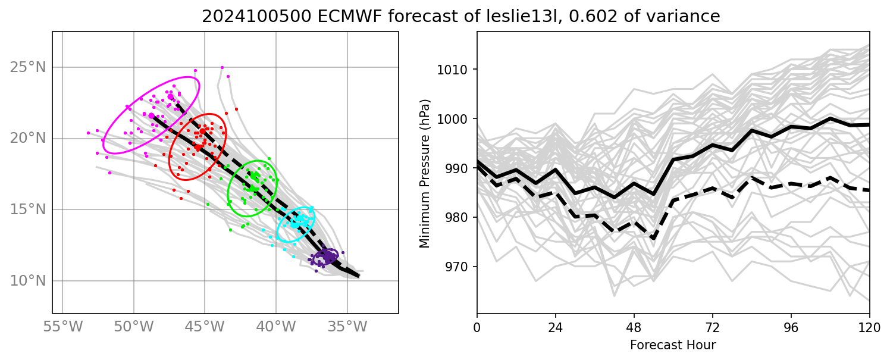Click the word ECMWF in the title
pyautogui.click(x=328, y=17)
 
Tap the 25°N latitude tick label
pyautogui.click(x=28, y=67)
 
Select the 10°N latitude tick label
pyautogui.click(x=28, y=280)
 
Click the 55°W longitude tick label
pyautogui.click(x=62, y=327)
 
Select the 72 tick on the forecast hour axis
pyautogui.click(x=713, y=327)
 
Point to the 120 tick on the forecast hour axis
pyautogui.click(x=869, y=327)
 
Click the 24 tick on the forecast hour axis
pyautogui.click(x=555, y=327)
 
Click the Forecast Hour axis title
pyautogui.click(x=673, y=345)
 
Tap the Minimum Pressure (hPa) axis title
pyautogui.click(x=425, y=173)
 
